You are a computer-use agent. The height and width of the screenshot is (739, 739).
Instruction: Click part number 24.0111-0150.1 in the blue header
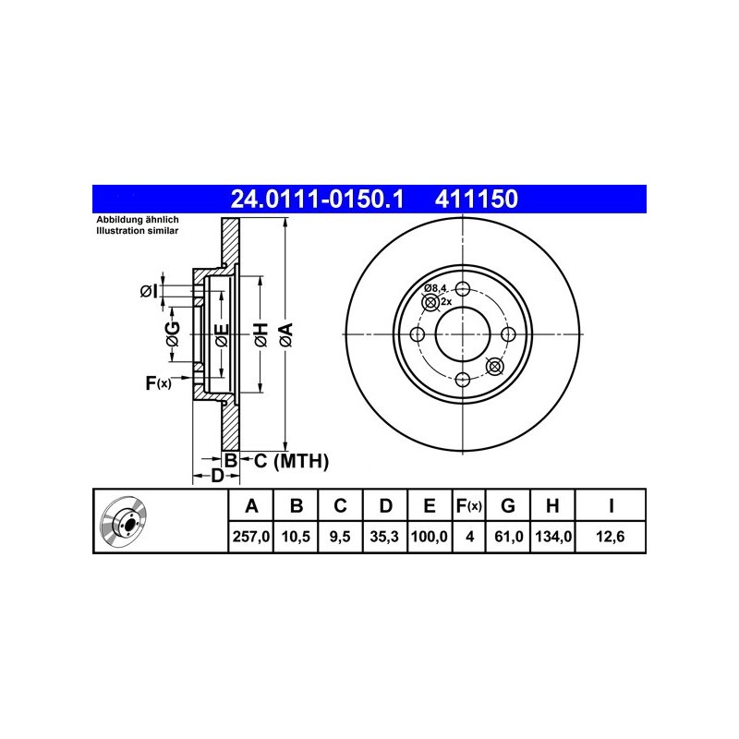pos(317,199)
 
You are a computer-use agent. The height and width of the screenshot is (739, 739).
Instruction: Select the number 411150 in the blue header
pos(476,199)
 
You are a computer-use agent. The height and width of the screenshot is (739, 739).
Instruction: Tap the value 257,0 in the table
pos(250,537)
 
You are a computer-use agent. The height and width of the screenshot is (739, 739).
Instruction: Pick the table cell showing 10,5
pos(296,537)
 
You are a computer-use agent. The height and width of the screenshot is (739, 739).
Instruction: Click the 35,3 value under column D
pos(384,537)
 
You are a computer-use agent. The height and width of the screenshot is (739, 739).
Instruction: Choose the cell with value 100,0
pos(430,537)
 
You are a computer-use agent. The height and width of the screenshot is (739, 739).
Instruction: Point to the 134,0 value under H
pos(553,537)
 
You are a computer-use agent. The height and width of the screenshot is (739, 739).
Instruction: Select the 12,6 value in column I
pos(610,537)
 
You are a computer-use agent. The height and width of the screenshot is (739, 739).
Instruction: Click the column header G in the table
pos(507,505)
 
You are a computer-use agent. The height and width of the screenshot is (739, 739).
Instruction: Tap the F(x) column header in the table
pos(469,505)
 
